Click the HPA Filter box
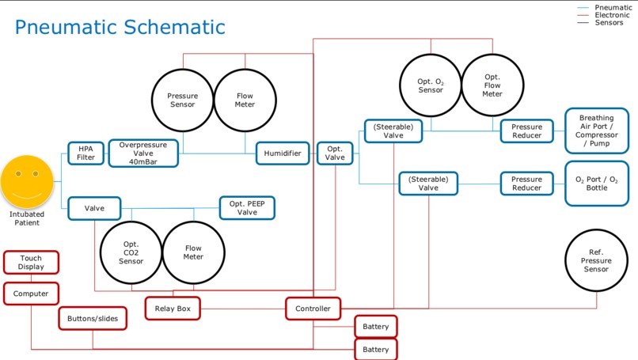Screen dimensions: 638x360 tap(85, 153)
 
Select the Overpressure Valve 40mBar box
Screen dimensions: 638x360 tap(143, 153)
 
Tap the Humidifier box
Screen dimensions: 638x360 tap(283, 153)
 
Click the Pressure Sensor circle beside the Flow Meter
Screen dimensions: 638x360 tap(183, 100)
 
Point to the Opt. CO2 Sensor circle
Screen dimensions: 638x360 tap(131, 252)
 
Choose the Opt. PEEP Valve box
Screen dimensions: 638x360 tap(247, 208)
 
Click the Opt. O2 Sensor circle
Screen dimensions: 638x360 tap(431, 85)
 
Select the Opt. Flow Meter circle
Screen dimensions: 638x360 tap(492, 85)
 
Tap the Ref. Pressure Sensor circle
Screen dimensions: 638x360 tap(596, 260)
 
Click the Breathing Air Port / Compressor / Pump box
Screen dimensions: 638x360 tap(597, 131)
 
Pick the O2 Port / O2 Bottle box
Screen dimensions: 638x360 tap(597, 184)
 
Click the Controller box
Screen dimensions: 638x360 tap(313, 309)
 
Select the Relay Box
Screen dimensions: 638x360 tap(173, 309)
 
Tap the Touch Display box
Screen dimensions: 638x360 tap(31, 263)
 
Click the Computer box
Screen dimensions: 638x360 tap(31, 294)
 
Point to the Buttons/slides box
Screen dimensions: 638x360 tap(93, 319)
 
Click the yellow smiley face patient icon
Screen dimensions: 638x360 tap(27, 182)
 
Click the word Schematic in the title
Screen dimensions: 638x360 tap(175, 27)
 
